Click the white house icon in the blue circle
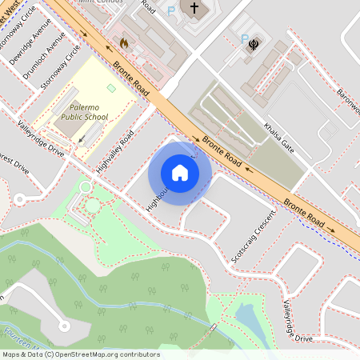(180, 172)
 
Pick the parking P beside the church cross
(170, 11)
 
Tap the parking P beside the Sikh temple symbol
(243, 38)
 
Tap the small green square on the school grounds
(110, 87)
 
